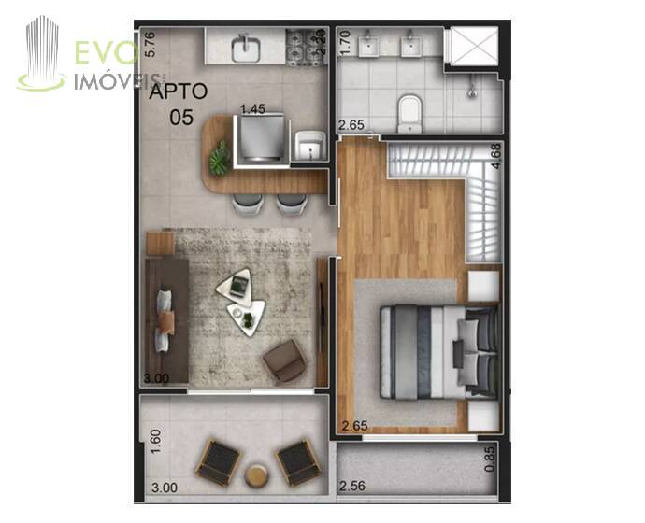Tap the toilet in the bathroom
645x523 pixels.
tap(410, 113)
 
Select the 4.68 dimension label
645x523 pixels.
tap(496, 156)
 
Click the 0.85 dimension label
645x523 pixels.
tap(489, 459)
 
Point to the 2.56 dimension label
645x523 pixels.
tap(352, 486)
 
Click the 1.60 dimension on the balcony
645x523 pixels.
tap(155, 442)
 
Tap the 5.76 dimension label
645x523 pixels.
tap(150, 44)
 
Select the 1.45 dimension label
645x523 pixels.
tap(253, 109)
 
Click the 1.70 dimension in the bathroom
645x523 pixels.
tap(346, 43)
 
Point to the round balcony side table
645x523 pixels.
tap(257, 475)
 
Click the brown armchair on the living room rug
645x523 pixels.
tap(284, 361)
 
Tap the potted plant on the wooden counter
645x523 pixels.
tap(220, 159)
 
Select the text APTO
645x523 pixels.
tap(179, 92)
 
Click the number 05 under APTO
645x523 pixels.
tap(181, 118)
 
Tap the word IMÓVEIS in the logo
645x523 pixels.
tap(120, 81)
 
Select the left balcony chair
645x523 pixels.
tap(218, 462)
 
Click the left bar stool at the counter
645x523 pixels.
tap(248, 204)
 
